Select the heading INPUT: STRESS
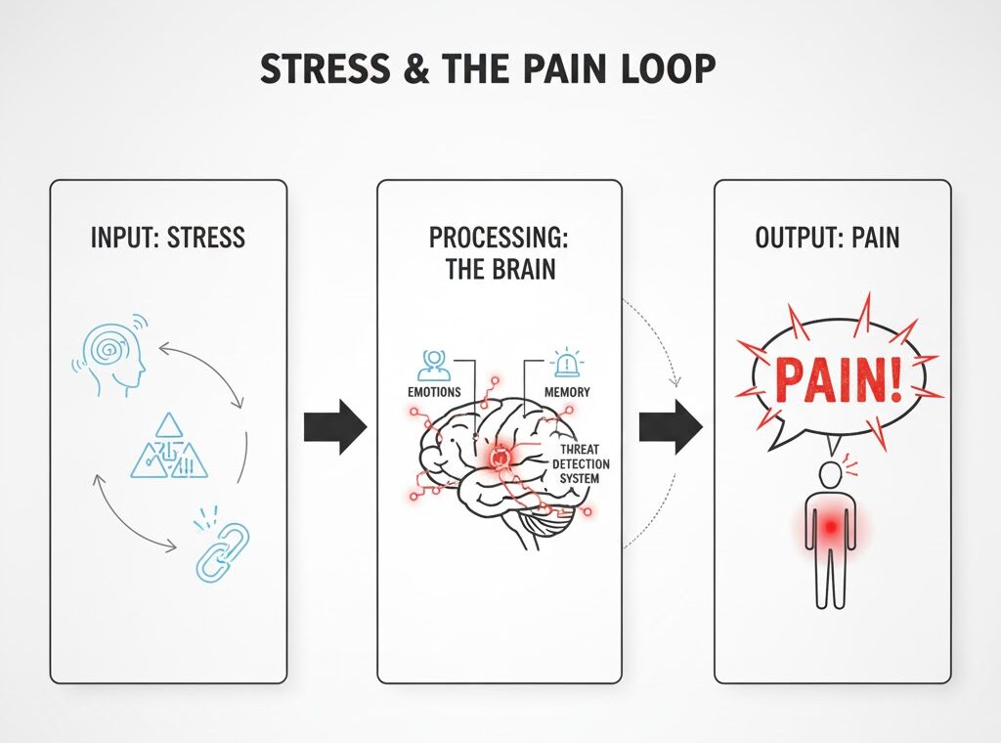coord(167,238)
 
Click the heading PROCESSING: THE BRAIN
coord(500,253)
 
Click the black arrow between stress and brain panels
coord(334,426)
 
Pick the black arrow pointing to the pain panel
coord(670,426)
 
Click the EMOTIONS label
coord(434,392)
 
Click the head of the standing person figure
coord(830,476)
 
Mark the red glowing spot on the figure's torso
coord(831,527)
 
